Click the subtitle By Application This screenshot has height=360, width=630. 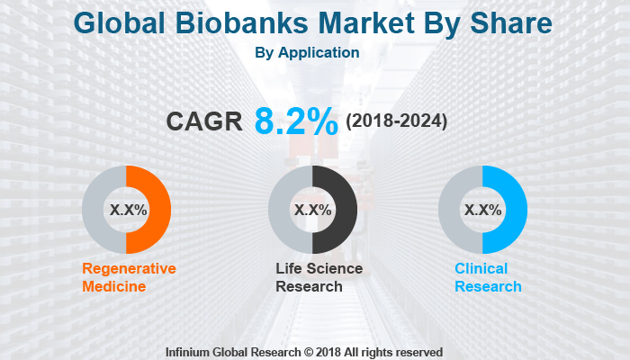[308, 52]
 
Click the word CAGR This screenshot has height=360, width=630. [204, 121]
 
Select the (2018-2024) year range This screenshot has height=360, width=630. [396, 121]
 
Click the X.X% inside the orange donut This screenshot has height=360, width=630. [127, 210]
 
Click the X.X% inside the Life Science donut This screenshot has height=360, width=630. [312, 210]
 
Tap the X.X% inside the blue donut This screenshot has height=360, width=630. [481, 210]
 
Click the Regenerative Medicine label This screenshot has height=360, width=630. [129, 277]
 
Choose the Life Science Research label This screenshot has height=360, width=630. [319, 277]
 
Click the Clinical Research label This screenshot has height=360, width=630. [487, 277]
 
